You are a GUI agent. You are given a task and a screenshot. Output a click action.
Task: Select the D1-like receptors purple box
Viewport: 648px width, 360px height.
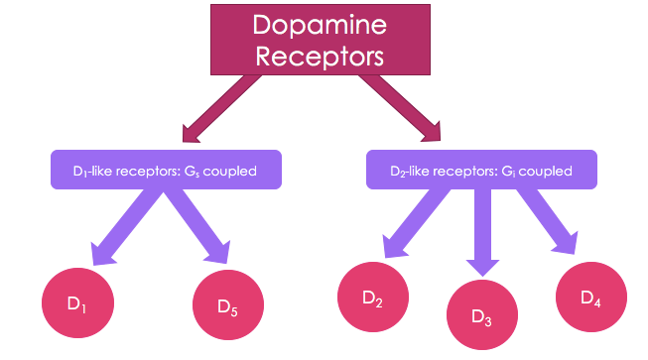(x=164, y=171)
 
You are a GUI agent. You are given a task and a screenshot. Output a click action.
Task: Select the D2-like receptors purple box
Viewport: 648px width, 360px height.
(x=481, y=170)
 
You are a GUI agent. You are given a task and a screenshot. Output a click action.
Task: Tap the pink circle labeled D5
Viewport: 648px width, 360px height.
(x=227, y=306)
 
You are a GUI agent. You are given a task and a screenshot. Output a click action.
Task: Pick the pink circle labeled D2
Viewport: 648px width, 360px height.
(x=373, y=298)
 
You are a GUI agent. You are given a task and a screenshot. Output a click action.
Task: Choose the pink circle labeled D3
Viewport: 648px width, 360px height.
(x=481, y=318)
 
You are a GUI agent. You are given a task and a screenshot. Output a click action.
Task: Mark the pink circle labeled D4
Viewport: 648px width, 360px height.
(x=590, y=298)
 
